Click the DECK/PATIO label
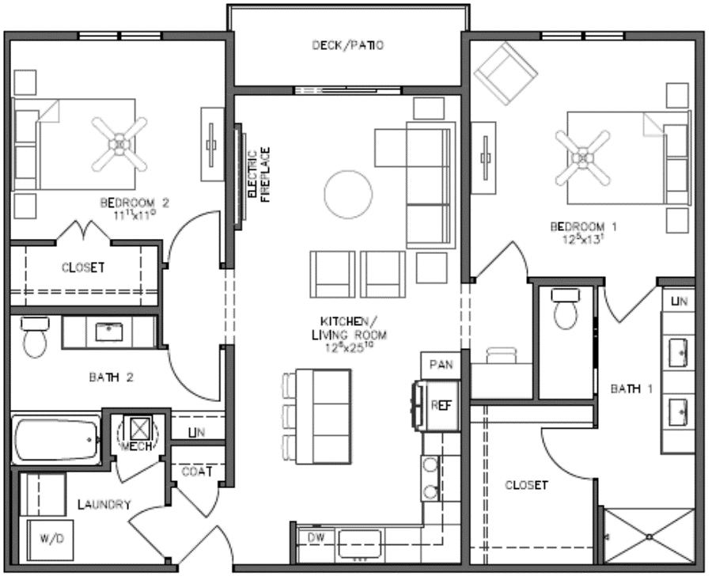click(347, 45)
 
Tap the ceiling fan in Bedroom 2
click(119, 143)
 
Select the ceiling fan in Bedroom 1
click(583, 157)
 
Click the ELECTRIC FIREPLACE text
click(259, 174)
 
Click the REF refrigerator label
click(440, 404)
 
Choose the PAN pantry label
click(440, 365)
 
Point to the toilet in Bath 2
click(34, 338)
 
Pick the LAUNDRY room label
click(104, 504)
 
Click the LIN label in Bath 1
click(678, 301)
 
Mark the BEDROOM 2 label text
click(134, 203)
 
